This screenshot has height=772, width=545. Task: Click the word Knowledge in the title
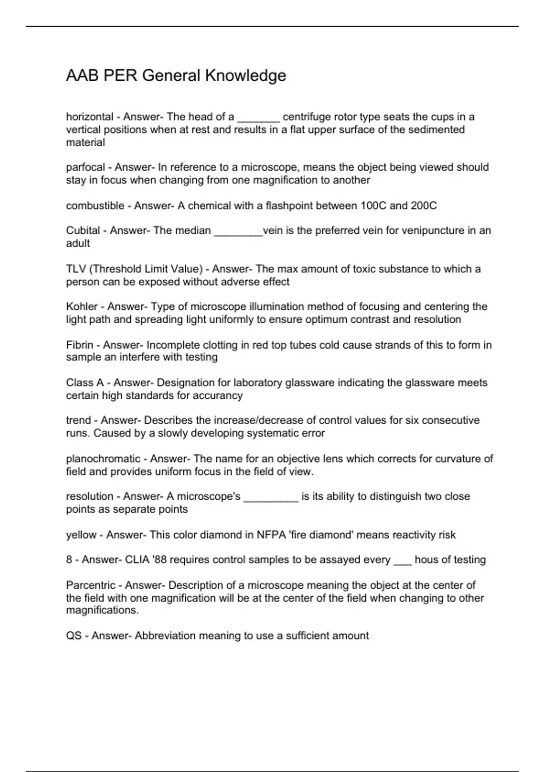click(245, 75)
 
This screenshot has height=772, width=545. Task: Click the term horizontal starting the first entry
click(89, 117)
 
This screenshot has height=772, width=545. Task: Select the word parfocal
click(85, 168)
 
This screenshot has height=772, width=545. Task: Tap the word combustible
click(95, 206)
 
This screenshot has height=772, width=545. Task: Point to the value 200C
click(423, 206)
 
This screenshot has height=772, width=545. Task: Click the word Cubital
click(83, 231)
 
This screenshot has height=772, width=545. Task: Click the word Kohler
click(82, 307)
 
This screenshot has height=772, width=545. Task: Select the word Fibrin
click(79, 345)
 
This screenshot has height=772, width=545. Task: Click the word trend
click(78, 421)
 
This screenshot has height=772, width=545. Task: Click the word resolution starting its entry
click(89, 496)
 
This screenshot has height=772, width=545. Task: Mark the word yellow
click(81, 535)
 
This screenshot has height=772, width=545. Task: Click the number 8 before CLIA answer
click(69, 560)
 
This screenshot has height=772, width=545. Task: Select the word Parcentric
click(90, 585)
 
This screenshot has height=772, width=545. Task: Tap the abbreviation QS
click(74, 636)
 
